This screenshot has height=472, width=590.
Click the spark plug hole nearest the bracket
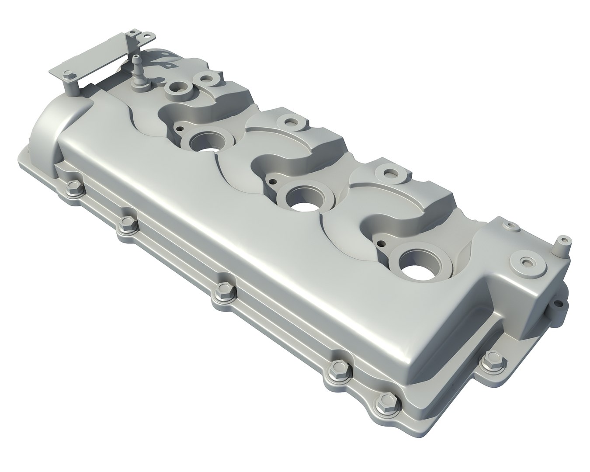[205, 142]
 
